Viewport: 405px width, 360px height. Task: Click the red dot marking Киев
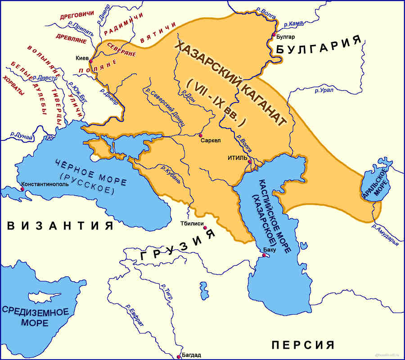pyautogui.click(x=91, y=61)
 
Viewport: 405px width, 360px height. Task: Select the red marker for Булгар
pyautogui.click(x=274, y=34)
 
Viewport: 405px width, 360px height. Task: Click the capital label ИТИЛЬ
pyautogui.click(x=238, y=157)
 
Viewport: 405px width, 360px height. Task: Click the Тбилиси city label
pyautogui.click(x=192, y=224)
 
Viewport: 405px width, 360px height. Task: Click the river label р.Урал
pyautogui.click(x=324, y=90)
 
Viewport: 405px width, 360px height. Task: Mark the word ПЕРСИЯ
pyautogui.click(x=303, y=345)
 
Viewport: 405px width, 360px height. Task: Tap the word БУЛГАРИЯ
pyautogui.click(x=319, y=45)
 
